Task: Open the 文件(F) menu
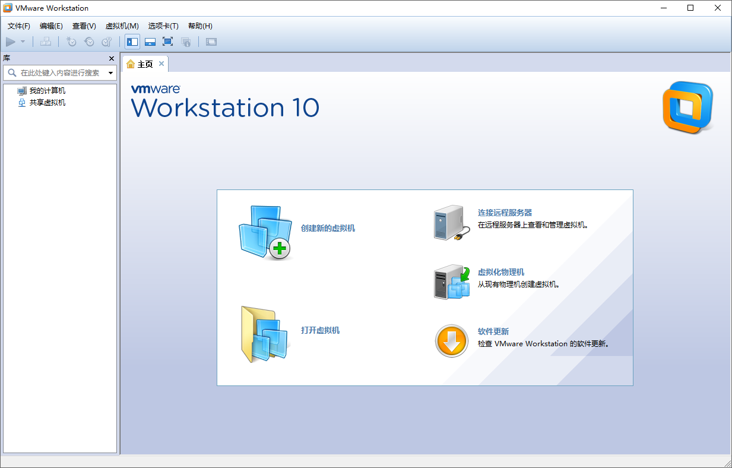pyautogui.click(x=19, y=26)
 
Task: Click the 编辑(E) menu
pyautogui.click(x=51, y=26)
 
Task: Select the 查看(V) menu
pyautogui.click(x=84, y=26)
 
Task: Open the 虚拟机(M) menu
pyautogui.click(x=122, y=26)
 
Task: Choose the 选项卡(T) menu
pyautogui.click(x=163, y=26)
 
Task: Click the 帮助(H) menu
pyautogui.click(x=200, y=26)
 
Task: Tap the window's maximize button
pyautogui.click(x=690, y=8)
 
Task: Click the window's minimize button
pyautogui.click(x=663, y=8)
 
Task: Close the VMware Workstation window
pyautogui.click(x=718, y=8)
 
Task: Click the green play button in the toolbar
pyautogui.click(x=11, y=42)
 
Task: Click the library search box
pyautogui.click(x=59, y=73)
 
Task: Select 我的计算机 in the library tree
pyautogui.click(x=47, y=91)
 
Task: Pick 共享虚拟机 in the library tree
pyautogui.click(x=47, y=103)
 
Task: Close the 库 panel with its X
pyautogui.click(x=111, y=58)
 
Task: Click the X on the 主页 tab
pyautogui.click(x=161, y=64)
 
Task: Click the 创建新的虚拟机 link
pyautogui.click(x=328, y=228)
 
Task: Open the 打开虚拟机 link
pyautogui.click(x=320, y=330)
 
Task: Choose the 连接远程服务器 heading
pyautogui.click(x=505, y=213)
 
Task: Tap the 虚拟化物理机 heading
pyautogui.click(x=501, y=272)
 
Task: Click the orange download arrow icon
pyautogui.click(x=452, y=341)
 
